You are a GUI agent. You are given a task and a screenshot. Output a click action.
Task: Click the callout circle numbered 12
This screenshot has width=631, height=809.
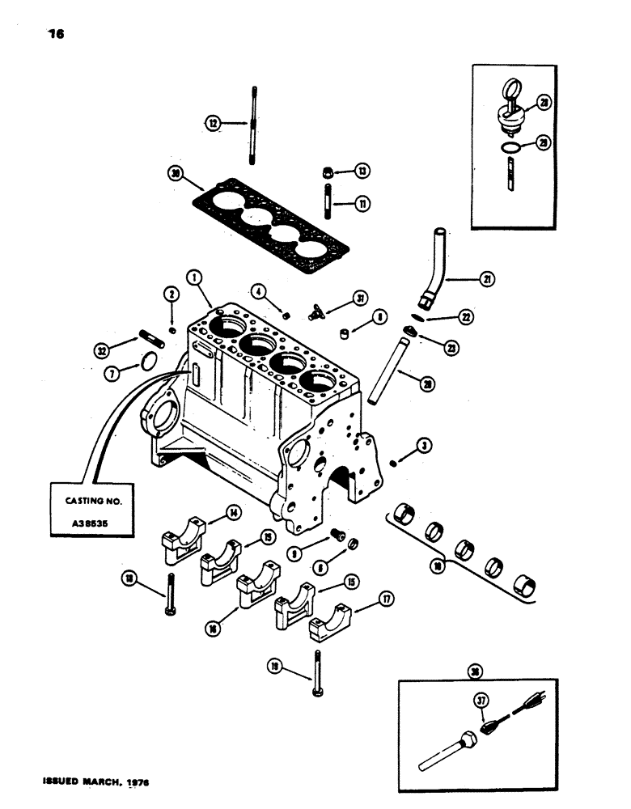(213, 123)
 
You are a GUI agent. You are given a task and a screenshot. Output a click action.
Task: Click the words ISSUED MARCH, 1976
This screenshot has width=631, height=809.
(87, 783)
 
